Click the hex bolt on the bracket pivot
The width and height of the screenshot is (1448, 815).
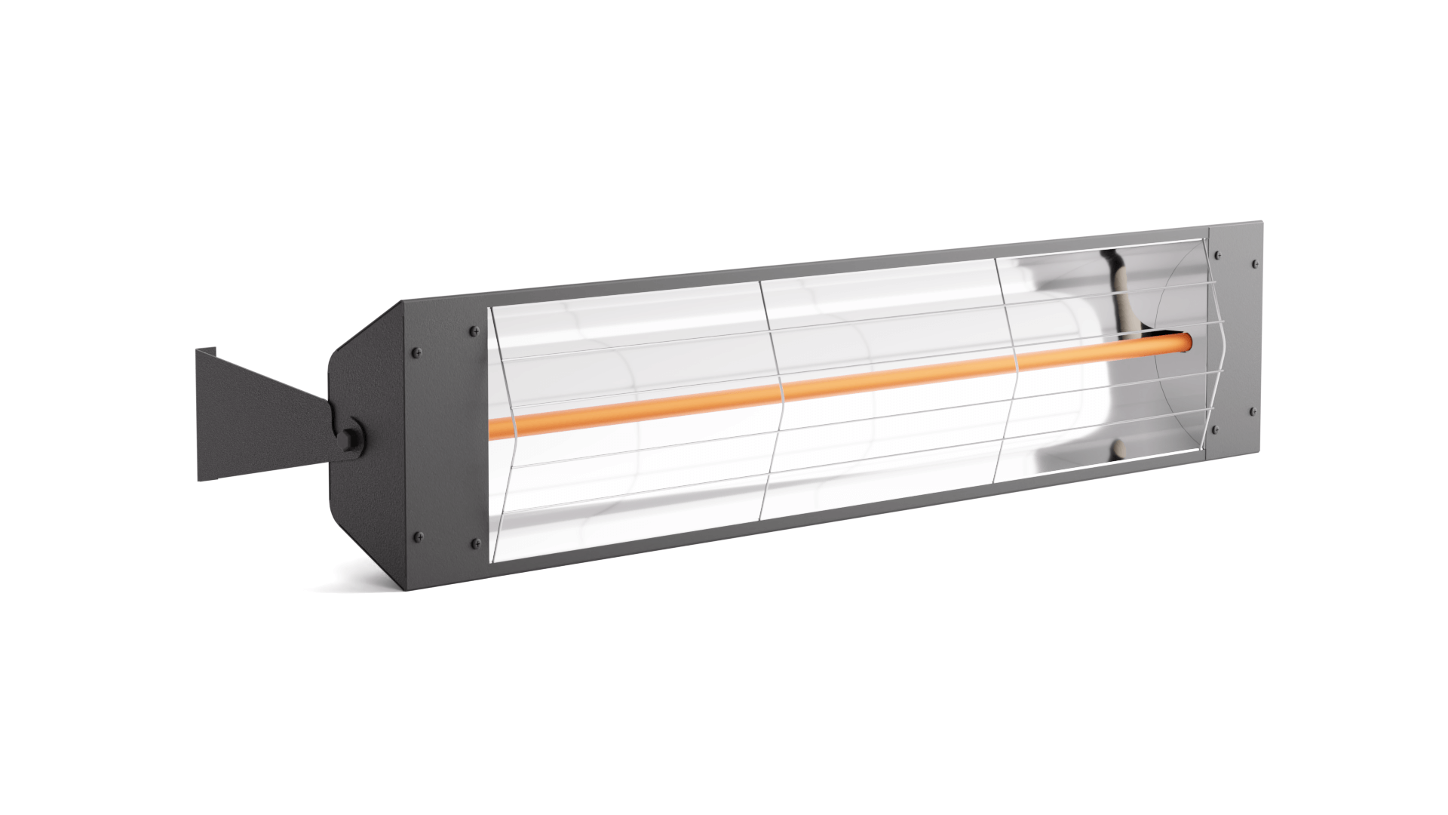[351, 438]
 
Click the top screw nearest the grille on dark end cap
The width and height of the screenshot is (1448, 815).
[473, 331]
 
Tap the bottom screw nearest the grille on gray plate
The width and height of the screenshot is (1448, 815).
[1215, 429]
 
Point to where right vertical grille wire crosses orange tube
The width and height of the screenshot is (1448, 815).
[1019, 361]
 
